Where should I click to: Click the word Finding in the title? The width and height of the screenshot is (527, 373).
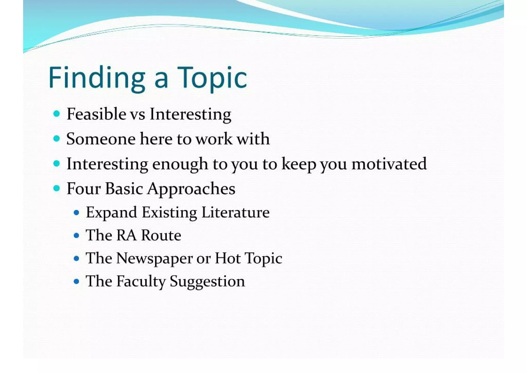(97, 78)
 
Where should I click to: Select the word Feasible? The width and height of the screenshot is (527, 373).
(96, 114)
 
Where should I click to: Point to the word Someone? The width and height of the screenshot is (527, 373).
(101, 139)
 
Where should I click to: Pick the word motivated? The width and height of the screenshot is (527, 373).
(389, 164)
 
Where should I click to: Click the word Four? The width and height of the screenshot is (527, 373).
(84, 188)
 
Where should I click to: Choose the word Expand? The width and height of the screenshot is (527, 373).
(111, 213)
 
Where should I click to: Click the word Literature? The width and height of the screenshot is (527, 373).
(235, 213)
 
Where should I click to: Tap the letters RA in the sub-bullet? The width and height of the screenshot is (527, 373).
(126, 235)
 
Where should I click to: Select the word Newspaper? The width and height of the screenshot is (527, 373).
(154, 259)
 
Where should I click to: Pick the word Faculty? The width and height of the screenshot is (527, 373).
(141, 281)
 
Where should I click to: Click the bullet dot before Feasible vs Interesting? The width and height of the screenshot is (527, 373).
(57, 114)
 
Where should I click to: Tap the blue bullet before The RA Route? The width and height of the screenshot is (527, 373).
(76, 236)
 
